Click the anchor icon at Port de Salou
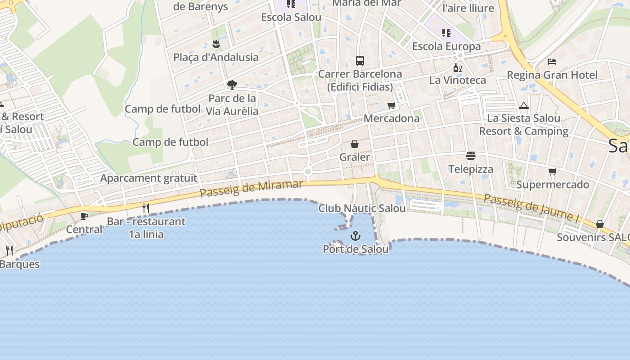coord(355,235)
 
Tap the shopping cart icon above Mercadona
coord(391,105)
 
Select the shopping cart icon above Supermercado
coord(552,171)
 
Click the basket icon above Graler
coord(355,144)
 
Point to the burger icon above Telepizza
coord(471,156)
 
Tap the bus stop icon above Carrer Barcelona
coord(360,60)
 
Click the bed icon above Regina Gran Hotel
coord(552,61)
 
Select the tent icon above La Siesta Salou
coord(523,105)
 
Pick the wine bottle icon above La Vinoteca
coord(457,67)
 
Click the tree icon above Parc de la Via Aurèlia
coord(232,85)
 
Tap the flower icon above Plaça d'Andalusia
coord(216,44)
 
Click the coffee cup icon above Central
coord(84,216)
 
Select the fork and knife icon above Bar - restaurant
coord(146,208)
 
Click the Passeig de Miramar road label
coord(251,189)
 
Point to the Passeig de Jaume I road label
coord(531,208)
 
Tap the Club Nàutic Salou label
coord(362,208)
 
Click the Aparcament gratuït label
coord(148,178)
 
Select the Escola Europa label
coord(446,46)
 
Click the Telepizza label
coord(471,169)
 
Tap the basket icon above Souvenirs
coord(600,224)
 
